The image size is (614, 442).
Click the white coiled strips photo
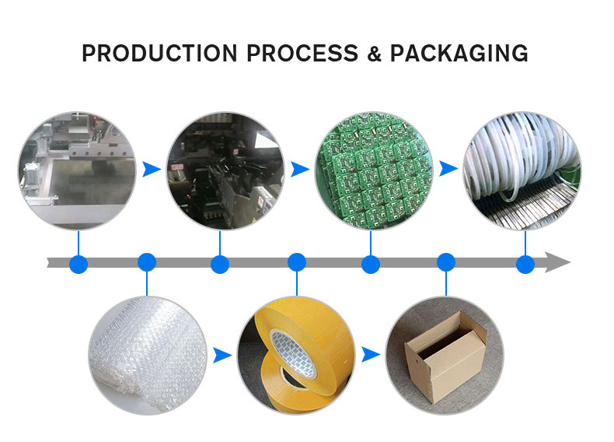pyautogui.click(x=522, y=170)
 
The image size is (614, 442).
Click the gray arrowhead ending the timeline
pyautogui.click(x=558, y=262)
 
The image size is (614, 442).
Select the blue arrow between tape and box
pyautogui.click(x=371, y=355)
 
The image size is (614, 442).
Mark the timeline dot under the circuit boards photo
pyautogui.click(x=371, y=264)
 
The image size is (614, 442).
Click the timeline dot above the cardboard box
pyautogui.click(x=445, y=262)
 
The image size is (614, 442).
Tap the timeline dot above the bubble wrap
pyautogui.click(x=147, y=262)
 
